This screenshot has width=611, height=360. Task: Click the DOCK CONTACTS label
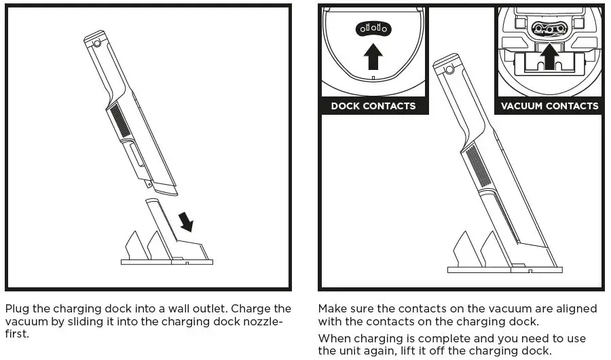pyautogui.click(x=373, y=106)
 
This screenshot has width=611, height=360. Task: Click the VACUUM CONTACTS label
pyautogui.click(x=549, y=106)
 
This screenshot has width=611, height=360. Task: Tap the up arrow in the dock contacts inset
pyautogui.click(x=373, y=57)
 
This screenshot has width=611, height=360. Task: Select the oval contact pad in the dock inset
pyautogui.click(x=373, y=29)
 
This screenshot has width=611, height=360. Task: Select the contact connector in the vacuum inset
pyautogui.click(x=549, y=28)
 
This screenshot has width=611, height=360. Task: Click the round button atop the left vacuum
pyautogui.click(x=98, y=43)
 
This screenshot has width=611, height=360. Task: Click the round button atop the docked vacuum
pyautogui.click(x=447, y=69)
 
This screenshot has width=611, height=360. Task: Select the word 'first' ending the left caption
pyautogui.click(x=18, y=334)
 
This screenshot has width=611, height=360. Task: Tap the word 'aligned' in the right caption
pyautogui.click(x=577, y=309)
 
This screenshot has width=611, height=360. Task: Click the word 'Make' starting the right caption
pyautogui.click(x=332, y=309)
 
